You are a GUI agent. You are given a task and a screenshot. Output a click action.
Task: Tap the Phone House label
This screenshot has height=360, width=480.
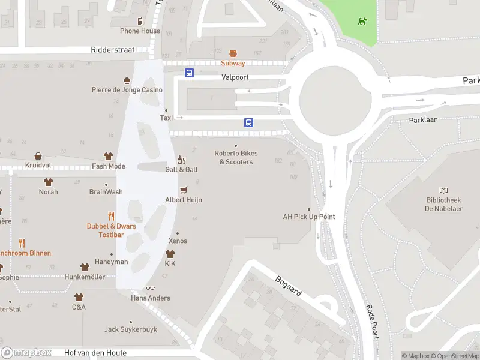pos(140,31)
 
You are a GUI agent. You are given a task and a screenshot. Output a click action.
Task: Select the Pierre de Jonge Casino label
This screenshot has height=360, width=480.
pos(127,90)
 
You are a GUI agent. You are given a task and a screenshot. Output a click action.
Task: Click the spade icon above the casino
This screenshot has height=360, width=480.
pos(127,80)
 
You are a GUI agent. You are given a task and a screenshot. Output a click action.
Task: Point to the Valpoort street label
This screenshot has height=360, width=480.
pos(235,77)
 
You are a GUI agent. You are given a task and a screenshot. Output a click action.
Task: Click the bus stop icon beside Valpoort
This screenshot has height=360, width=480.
pos(190,73)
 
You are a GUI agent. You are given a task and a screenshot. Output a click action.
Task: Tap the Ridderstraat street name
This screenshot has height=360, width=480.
pos(113,50)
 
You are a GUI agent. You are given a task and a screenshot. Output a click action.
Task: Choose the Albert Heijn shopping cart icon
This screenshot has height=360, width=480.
pos(184,190)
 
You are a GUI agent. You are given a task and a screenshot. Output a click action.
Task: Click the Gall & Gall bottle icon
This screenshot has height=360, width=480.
pos(181,160)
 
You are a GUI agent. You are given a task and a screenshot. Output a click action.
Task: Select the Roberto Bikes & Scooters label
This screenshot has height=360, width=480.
pos(236,157)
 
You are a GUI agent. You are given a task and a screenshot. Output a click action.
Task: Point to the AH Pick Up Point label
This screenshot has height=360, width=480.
pos(309,217)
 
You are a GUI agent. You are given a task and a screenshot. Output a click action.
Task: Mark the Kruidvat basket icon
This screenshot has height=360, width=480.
pos(38,156)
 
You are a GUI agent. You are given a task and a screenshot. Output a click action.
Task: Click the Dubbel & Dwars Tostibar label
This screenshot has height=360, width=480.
pos(111,230)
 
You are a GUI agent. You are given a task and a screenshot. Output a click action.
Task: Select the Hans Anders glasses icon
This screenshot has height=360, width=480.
pos(150,289)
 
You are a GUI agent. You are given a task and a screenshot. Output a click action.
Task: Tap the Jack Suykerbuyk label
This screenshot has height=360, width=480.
pos(131,329)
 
